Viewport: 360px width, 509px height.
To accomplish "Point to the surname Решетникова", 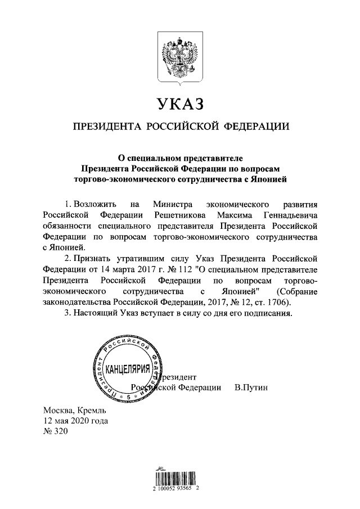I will coord(179,215).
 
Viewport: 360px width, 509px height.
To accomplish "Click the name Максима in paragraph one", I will coord(236,215).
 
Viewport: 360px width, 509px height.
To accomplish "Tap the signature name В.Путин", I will coord(253,387).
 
